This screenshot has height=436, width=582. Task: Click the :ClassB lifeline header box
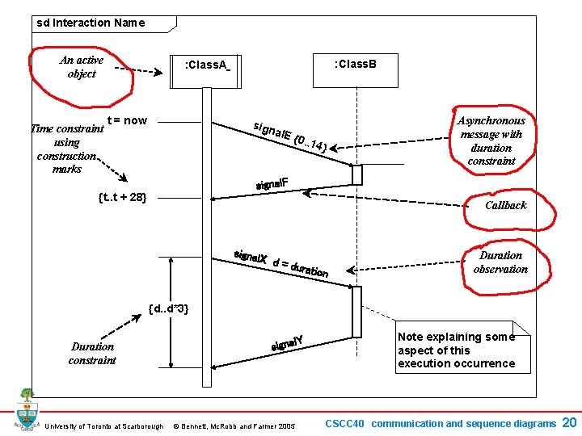tap(355, 64)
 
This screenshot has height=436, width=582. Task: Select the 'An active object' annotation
tap(82, 67)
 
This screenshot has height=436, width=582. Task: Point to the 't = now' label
tap(127, 120)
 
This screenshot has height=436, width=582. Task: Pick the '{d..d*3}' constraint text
tap(169, 308)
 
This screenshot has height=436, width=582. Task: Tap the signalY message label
tap(286, 343)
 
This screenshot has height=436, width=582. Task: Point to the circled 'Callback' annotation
tap(505, 205)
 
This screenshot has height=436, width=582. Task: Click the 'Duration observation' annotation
tap(500, 262)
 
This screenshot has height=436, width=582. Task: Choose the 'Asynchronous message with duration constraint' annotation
tap(491, 140)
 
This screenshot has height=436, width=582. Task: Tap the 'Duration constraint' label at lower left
tap(92, 353)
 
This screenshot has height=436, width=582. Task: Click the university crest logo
tap(28, 409)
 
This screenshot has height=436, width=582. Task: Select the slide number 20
tap(569, 422)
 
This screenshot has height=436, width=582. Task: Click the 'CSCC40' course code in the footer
tap(345, 423)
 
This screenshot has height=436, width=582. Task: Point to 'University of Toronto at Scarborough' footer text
tap(104, 426)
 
